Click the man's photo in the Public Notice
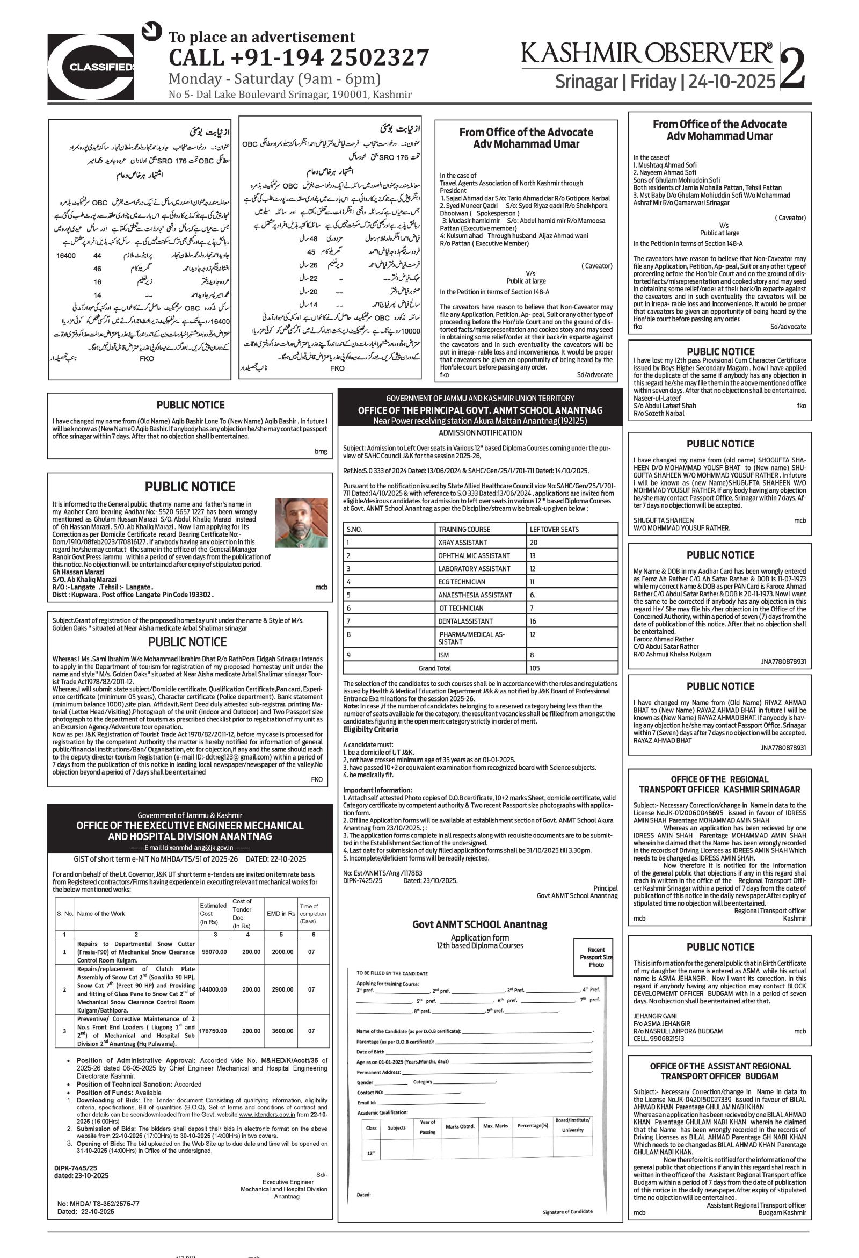(301, 523)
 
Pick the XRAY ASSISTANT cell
(462, 543)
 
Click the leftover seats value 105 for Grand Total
(535, 668)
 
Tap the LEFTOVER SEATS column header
(554, 530)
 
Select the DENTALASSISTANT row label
(465, 621)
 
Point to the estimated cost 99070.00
(214, 952)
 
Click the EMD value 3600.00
(282, 1031)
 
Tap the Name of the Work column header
(101, 914)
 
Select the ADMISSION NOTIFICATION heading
(480, 433)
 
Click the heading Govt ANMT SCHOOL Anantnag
(479, 924)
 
